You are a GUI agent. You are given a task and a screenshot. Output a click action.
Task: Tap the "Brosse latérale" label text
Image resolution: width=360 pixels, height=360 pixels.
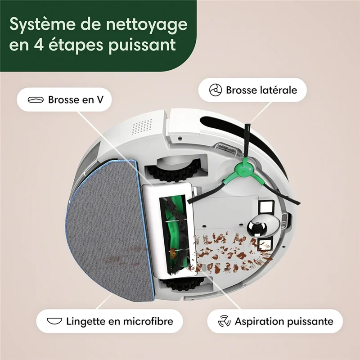coord(261,90)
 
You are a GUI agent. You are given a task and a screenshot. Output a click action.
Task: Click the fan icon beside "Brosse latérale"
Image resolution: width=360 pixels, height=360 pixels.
coord(216,90)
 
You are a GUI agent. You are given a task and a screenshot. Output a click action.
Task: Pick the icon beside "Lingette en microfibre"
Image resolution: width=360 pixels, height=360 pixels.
coord(54,321)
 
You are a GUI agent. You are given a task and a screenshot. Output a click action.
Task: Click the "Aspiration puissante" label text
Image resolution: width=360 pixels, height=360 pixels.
coord(284,321)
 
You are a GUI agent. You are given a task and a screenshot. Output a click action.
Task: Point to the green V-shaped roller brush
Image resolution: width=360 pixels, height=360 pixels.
coord(172,234)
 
